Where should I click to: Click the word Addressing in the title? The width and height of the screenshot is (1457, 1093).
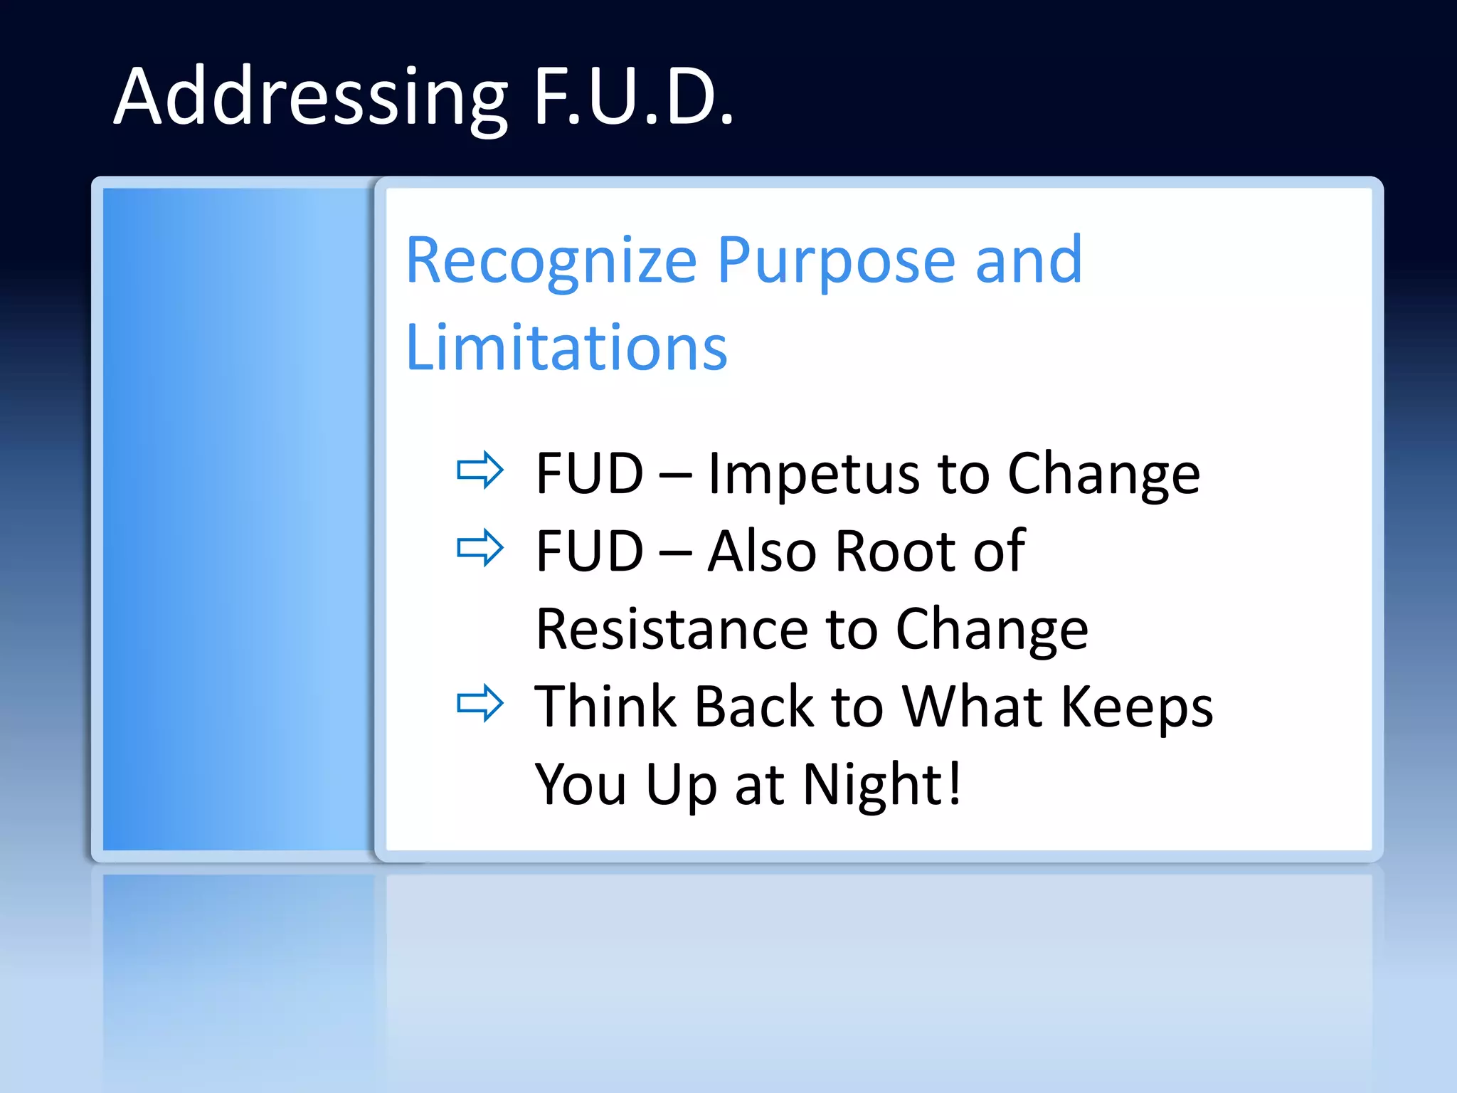pyautogui.click(x=311, y=97)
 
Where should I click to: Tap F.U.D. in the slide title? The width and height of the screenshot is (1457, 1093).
pyautogui.click(x=633, y=97)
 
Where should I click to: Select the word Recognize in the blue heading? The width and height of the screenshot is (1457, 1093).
pyautogui.click(x=551, y=261)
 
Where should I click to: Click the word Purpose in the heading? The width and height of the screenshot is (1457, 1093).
pyautogui.click(x=835, y=261)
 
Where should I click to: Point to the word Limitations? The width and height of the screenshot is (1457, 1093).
pyautogui.click(x=566, y=348)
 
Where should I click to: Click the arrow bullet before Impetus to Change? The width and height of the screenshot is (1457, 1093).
pyautogui.click(x=480, y=470)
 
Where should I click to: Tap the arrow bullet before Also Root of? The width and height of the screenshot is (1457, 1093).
pyautogui.click(x=480, y=547)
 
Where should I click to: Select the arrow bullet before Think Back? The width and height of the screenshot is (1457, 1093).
pyautogui.click(x=480, y=703)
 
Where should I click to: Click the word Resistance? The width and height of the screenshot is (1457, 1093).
pyautogui.click(x=672, y=630)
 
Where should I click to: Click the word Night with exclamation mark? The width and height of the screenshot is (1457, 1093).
pyautogui.click(x=882, y=784)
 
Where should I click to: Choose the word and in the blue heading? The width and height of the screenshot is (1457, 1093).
pyautogui.click(x=1029, y=261)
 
